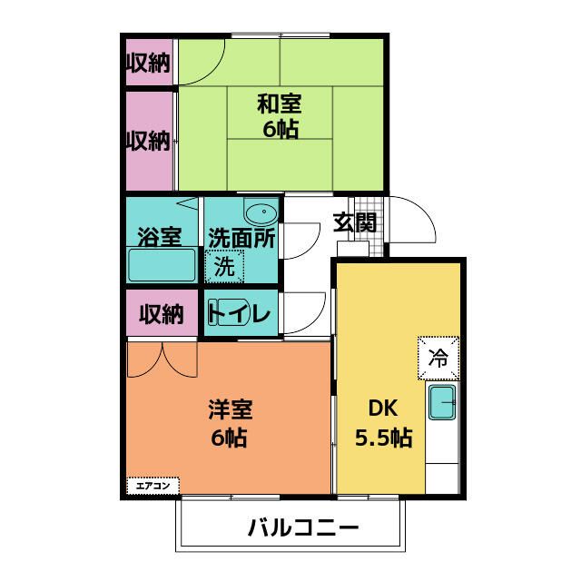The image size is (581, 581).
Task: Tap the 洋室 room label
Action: (x=230, y=409)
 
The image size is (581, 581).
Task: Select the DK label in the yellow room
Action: (x=382, y=409)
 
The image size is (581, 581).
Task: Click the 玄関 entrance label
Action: (x=353, y=222)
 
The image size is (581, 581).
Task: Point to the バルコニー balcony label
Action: (x=290, y=527)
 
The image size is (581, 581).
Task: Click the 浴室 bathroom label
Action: (x=159, y=237)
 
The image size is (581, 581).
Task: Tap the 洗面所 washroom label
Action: (x=241, y=237)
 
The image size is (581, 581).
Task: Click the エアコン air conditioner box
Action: (x=152, y=486)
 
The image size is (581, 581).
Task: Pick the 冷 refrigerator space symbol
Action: (x=438, y=357)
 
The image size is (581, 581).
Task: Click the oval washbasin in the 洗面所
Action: (x=261, y=214)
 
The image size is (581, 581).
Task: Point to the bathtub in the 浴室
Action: (x=162, y=266)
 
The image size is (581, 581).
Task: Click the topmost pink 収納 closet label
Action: (x=148, y=63)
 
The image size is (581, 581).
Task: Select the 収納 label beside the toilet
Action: (x=161, y=314)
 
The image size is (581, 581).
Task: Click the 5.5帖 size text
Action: (x=382, y=438)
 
